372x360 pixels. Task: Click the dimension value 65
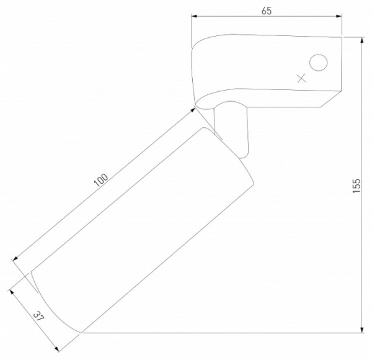[267, 11]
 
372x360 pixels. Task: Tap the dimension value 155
[356, 186]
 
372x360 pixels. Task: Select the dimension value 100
[101, 180]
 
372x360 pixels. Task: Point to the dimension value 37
[38, 317]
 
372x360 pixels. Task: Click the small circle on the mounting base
[319, 63]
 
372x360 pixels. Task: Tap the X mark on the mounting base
[301, 78]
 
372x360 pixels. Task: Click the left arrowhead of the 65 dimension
[194, 16]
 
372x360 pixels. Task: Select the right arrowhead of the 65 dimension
[339, 16]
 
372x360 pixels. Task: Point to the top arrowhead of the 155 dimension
[362, 40]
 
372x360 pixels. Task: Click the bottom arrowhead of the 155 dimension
[362, 330]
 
